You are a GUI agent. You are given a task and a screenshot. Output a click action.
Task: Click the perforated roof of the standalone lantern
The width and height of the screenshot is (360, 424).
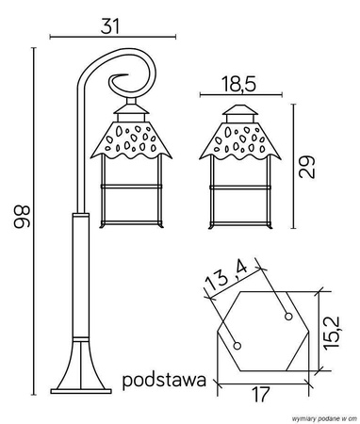point(240,142)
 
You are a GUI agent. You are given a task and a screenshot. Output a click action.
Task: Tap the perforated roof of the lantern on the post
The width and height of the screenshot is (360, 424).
point(131,141)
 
